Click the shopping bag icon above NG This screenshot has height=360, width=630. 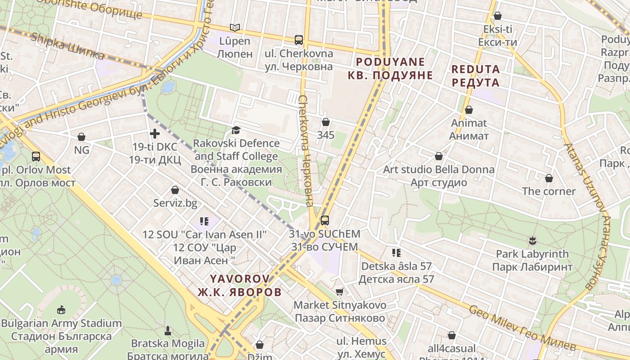[81, 136]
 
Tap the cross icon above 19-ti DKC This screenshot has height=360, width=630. [155, 133]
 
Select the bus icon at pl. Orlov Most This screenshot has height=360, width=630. [36, 157]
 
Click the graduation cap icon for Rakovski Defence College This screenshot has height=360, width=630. [236, 130]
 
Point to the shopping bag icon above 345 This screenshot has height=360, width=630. [326, 122]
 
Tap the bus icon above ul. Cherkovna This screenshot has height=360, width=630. [299, 40]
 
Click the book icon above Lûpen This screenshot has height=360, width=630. [234, 27]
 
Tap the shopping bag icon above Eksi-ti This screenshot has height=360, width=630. [498, 16]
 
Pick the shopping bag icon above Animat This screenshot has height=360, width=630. [469, 110]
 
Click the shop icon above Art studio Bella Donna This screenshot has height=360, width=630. [439, 156]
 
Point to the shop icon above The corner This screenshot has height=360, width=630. [549, 178]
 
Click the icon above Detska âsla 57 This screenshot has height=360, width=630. [396, 252]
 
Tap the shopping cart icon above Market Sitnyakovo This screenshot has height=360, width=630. [340, 292]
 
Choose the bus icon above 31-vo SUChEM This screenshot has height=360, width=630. [324, 220]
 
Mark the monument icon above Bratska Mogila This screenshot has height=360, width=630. [168, 331]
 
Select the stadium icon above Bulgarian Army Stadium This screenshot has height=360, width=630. [61, 310]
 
